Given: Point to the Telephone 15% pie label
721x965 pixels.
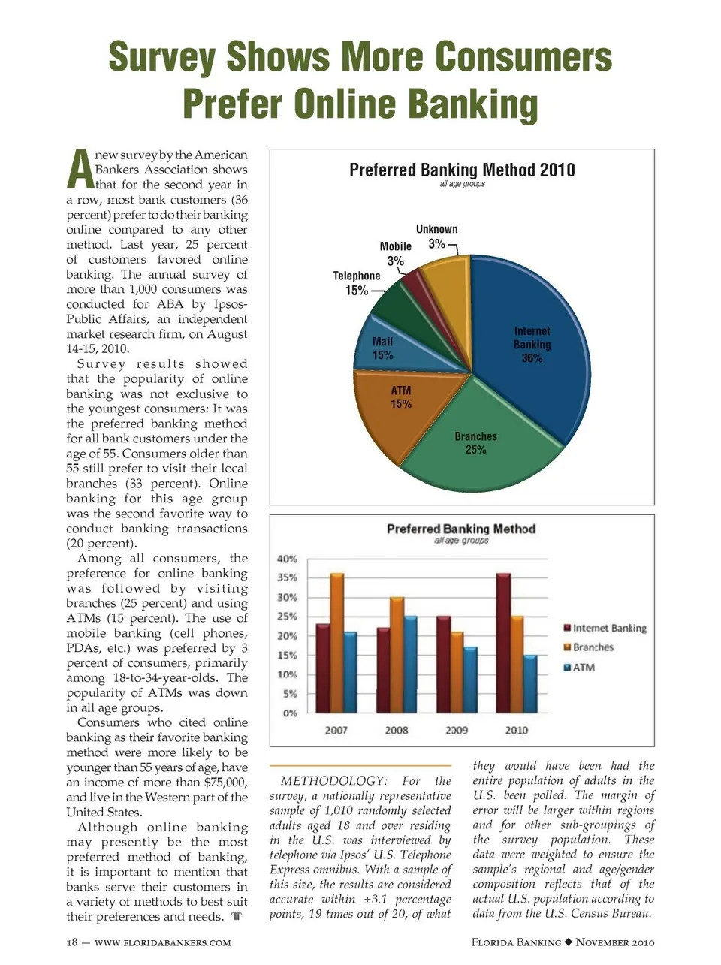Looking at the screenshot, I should (x=357, y=283).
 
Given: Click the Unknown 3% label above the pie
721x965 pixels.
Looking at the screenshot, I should (x=436, y=236).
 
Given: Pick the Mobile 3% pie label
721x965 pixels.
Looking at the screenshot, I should (x=396, y=254).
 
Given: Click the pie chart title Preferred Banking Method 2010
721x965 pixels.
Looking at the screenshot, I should (x=462, y=170).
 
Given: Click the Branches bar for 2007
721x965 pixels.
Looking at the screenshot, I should (x=336, y=643).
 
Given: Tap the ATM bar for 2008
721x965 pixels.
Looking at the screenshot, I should (x=410, y=664).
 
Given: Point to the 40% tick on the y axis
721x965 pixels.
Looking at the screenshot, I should (x=287, y=559).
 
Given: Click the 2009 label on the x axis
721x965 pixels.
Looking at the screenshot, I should (x=457, y=730).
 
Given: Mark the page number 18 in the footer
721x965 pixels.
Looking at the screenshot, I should (x=73, y=942).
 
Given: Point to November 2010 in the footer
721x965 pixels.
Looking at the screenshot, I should (x=615, y=942).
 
